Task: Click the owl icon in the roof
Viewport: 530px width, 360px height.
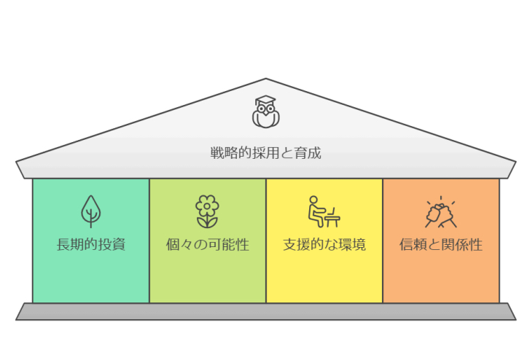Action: [265, 111]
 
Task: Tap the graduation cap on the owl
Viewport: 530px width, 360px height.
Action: [265, 100]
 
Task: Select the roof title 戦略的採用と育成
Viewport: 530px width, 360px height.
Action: [265, 153]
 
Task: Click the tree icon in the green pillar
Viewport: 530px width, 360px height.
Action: [91, 211]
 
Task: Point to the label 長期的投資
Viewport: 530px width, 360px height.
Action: [91, 244]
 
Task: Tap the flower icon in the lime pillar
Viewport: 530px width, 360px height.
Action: [207, 211]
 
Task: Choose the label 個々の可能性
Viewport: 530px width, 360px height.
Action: [207, 244]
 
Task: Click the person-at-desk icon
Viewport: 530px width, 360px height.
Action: [324, 211]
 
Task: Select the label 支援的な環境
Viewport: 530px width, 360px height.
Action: [324, 244]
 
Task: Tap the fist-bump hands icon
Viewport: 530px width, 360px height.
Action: [441, 212]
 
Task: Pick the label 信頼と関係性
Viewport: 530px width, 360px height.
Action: [441, 244]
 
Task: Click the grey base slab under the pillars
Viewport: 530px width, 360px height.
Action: [265, 311]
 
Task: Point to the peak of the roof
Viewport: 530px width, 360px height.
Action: [265, 79]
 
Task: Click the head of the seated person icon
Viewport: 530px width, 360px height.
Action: [313, 200]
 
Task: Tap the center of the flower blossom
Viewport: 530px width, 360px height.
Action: [207, 206]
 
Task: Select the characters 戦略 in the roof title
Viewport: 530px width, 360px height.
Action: [224, 153]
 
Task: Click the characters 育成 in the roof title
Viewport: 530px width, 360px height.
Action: [307, 153]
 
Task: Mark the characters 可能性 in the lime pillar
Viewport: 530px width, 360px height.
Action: [228, 244]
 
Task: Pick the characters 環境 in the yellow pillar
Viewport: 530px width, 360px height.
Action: [352, 244]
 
